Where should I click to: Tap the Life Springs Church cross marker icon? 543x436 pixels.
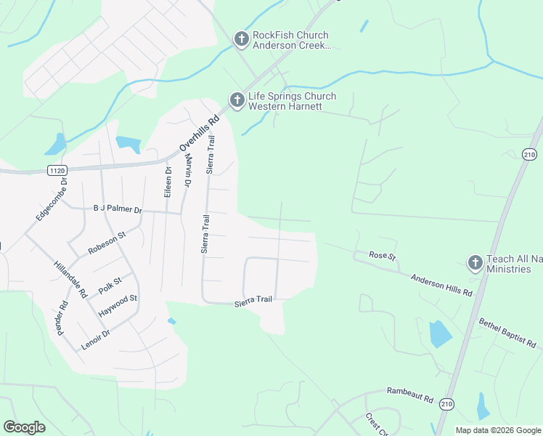(x=237, y=100)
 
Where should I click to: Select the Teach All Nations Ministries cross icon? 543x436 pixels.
(x=475, y=262)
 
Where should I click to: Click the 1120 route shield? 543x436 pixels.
(x=58, y=170)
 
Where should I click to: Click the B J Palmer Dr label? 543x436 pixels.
(x=118, y=210)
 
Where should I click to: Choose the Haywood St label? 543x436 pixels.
(x=118, y=304)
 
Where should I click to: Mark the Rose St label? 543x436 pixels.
(x=381, y=256)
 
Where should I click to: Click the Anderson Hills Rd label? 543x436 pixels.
(x=441, y=284)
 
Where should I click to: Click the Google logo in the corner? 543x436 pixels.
(x=24, y=427)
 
